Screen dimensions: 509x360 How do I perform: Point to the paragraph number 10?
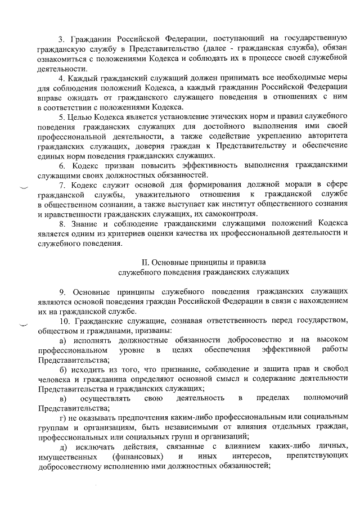(x=64, y=321)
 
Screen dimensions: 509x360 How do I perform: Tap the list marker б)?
(x=64, y=369)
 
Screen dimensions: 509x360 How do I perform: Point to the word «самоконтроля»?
(x=230, y=214)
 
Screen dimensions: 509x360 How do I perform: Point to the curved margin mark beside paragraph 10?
(x=23, y=325)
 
